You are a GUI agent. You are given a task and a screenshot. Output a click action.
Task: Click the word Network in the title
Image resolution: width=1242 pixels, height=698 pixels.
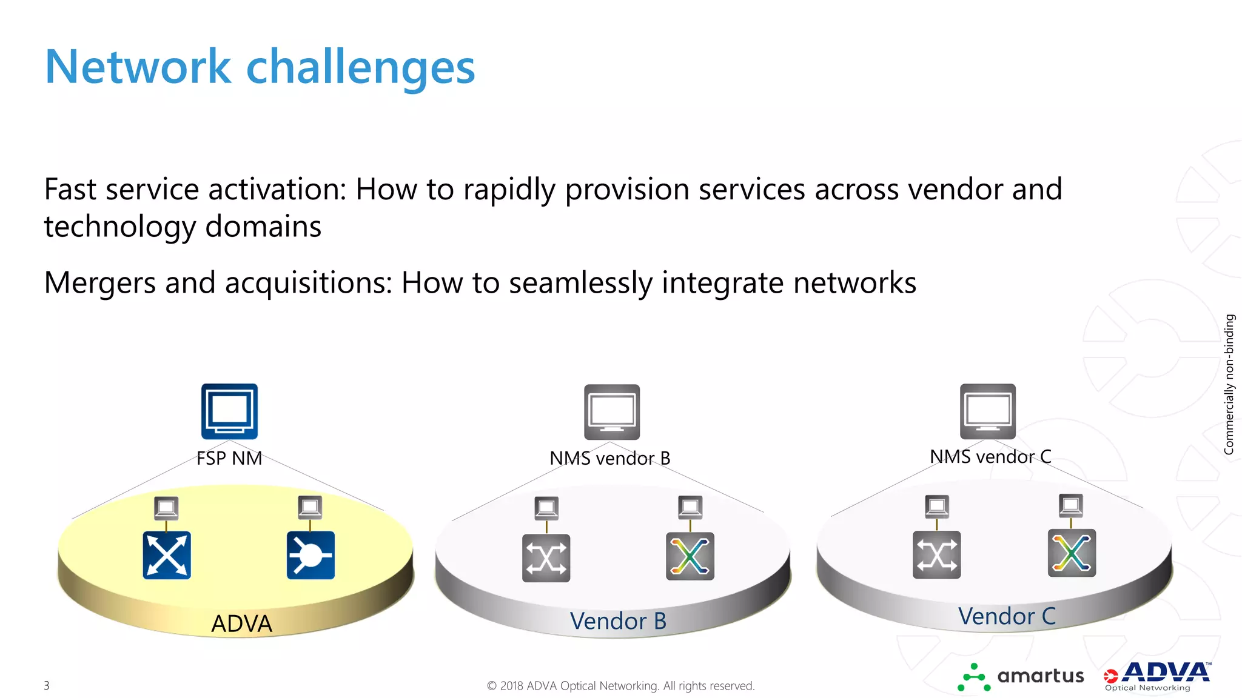(x=138, y=67)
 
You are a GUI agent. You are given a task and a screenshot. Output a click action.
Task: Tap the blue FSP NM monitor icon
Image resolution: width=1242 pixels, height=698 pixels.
(x=229, y=411)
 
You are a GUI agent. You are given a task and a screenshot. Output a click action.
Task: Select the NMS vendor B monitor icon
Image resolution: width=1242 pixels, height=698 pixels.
(x=612, y=411)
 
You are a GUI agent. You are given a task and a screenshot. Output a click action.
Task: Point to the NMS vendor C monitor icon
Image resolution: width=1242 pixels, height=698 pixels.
(x=987, y=411)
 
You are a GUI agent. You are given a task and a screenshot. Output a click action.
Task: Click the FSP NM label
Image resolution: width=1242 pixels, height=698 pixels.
(x=229, y=458)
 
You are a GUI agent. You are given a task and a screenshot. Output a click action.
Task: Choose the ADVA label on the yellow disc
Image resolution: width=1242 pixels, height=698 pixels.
(x=241, y=623)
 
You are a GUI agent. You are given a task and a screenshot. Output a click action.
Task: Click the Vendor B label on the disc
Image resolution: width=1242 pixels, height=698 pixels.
(x=618, y=621)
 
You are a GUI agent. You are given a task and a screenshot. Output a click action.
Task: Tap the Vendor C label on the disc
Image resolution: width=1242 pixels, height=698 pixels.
(x=1007, y=616)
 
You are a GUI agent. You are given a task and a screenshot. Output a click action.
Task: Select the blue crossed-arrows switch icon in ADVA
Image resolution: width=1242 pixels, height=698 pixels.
(x=167, y=555)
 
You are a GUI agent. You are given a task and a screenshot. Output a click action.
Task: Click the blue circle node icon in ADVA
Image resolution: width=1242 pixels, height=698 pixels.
(x=310, y=555)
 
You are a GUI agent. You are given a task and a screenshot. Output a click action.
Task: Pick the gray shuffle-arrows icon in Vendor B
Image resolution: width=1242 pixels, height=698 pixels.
(x=546, y=557)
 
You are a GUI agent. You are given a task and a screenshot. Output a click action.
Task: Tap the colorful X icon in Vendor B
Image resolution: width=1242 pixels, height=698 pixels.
(x=690, y=556)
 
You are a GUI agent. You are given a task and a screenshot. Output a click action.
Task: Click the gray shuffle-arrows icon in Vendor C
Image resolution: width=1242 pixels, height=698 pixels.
(x=936, y=554)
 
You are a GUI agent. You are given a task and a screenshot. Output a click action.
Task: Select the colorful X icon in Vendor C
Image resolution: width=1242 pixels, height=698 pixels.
(x=1072, y=553)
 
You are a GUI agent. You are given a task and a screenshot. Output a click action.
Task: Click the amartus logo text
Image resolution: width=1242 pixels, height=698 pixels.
(x=1040, y=676)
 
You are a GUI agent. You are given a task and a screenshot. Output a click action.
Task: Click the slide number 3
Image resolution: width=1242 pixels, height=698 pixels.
(x=47, y=685)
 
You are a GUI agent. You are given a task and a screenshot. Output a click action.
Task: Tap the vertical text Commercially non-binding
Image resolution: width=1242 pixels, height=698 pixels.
(x=1229, y=384)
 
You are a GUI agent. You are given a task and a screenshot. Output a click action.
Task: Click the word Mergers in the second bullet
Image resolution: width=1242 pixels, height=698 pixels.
(x=99, y=283)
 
